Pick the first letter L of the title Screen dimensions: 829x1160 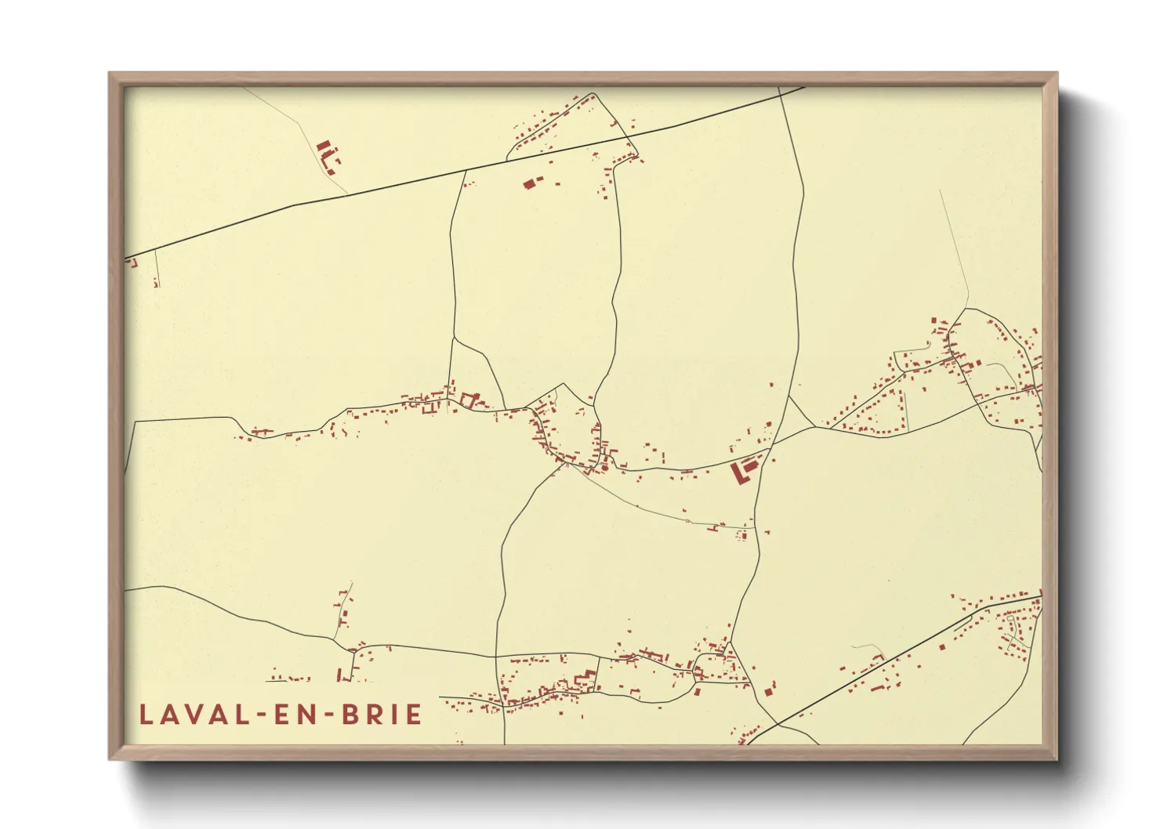(146, 715)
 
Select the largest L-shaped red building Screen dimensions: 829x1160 (741, 472)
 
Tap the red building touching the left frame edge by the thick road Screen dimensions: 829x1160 (130, 262)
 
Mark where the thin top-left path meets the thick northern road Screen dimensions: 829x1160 (347, 193)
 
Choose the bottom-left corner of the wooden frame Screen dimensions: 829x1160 (111, 758)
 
